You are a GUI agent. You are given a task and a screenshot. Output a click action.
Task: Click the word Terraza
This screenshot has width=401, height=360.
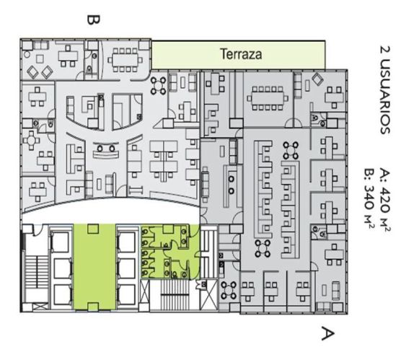tap(241, 54)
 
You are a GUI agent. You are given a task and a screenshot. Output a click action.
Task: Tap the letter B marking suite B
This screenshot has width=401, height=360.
tap(93, 20)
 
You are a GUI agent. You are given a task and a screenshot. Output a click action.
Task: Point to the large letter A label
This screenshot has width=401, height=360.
tap(327, 333)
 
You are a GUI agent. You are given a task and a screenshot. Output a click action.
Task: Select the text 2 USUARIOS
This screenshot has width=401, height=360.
tap(385, 90)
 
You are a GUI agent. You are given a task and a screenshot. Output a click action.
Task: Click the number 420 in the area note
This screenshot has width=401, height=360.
tap(385, 200)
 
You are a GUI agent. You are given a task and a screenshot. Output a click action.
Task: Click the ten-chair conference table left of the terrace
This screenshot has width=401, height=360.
tap(125, 60)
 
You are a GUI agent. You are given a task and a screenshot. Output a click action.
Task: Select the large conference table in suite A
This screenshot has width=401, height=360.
tap(268, 98)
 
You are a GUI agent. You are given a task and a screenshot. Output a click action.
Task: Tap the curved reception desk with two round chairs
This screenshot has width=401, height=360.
tap(105, 151)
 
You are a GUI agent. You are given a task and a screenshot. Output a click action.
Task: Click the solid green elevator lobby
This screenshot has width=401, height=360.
tap(94, 267)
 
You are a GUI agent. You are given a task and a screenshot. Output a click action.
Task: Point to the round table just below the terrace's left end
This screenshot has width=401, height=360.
tap(158, 86)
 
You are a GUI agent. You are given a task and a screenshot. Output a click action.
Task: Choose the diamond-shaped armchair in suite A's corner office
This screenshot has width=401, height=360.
tap(317, 79)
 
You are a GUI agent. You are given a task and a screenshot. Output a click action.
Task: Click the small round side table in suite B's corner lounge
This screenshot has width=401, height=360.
tap(27, 55)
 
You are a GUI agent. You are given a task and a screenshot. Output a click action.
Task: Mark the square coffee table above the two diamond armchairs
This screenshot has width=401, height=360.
tap(40, 59)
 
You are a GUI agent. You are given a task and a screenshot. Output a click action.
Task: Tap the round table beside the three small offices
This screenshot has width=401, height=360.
tap(229, 291)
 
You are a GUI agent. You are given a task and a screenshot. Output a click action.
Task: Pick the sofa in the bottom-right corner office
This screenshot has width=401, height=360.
tap(335, 291)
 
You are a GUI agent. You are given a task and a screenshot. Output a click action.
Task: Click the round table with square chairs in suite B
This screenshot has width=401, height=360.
tap(31, 140)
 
